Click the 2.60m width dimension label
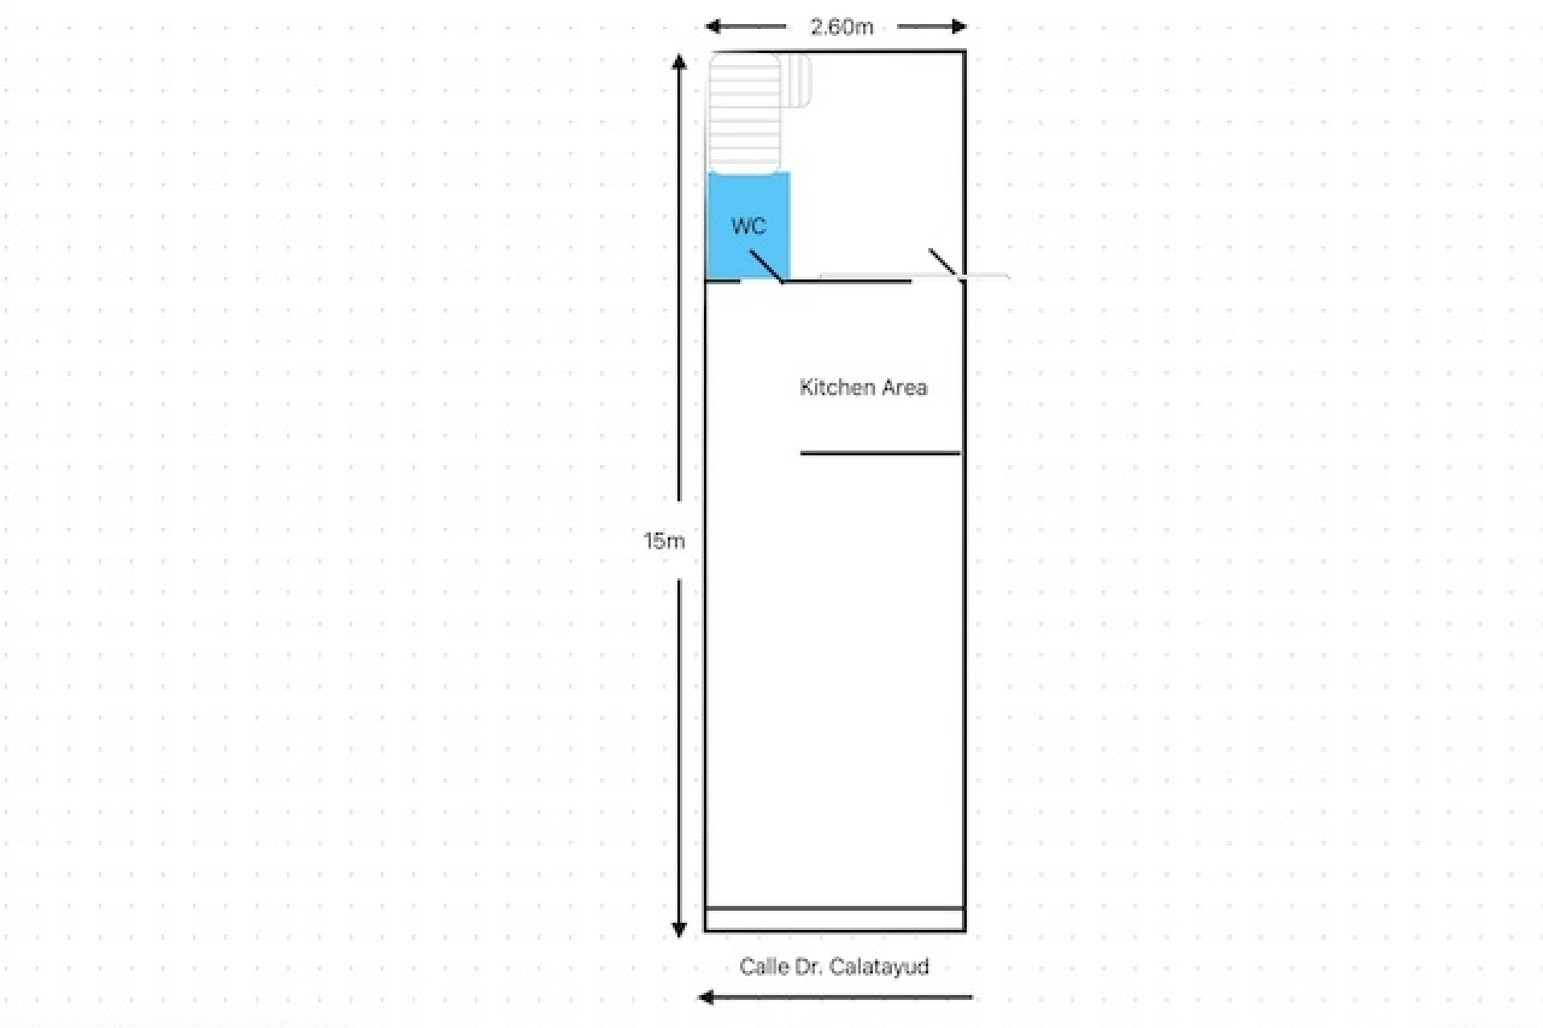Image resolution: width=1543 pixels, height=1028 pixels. (841, 27)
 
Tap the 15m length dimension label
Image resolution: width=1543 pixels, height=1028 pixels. (664, 541)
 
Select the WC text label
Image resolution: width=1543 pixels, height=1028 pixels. (748, 226)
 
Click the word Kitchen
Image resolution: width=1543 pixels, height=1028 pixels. (836, 387)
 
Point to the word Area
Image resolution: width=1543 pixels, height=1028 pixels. (904, 387)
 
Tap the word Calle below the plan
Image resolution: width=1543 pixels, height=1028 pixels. (764, 966)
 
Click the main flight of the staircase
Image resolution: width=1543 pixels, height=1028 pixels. (744, 112)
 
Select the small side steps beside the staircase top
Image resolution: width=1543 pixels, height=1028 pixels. (797, 80)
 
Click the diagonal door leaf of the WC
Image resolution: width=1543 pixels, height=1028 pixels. (766, 266)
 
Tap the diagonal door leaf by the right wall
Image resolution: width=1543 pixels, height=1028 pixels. (943, 263)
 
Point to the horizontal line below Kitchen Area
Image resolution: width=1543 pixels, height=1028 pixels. (880, 454)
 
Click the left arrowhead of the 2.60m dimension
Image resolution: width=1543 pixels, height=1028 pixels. (713, 27)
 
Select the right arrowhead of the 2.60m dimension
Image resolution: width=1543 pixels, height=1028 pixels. (958, 27)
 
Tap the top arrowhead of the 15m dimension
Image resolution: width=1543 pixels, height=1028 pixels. (679, 62)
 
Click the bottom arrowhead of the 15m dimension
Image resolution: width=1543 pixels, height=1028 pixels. (679, 929)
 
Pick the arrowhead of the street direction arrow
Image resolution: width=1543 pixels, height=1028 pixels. (706, 997)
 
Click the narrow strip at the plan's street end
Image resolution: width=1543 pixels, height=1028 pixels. (835, 920)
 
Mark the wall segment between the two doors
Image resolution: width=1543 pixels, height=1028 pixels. (848, 281)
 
